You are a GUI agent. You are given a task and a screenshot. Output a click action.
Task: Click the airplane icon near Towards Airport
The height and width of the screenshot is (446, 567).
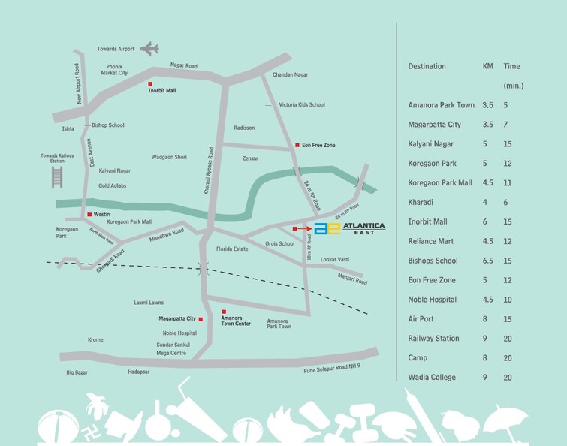click(150, 50)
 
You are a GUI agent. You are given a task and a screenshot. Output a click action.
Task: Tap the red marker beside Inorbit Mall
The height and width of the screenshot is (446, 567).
click(150, 83)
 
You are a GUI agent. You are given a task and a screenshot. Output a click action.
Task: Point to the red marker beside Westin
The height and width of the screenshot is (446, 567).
click(89, 215)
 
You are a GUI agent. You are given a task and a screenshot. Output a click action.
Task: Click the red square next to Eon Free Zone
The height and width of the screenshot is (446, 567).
click(297, 144)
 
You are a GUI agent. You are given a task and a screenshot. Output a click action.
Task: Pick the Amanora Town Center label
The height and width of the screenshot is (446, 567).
click(236, 320)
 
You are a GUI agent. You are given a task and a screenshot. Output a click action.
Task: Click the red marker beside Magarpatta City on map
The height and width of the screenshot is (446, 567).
click(201, 319)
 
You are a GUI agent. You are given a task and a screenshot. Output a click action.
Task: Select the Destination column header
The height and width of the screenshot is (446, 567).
click(427, 66)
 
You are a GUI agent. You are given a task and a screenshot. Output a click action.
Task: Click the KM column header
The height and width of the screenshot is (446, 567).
click(487, 66)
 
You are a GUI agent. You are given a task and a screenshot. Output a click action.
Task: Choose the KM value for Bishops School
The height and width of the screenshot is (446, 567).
click(487, 261)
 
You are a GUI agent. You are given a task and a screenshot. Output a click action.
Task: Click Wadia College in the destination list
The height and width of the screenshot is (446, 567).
click(431, 377)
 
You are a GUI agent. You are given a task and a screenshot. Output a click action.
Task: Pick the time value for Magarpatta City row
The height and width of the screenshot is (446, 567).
click(508, 124)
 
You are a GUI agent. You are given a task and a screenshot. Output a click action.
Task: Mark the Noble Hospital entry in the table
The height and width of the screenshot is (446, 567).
click(433, 300)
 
